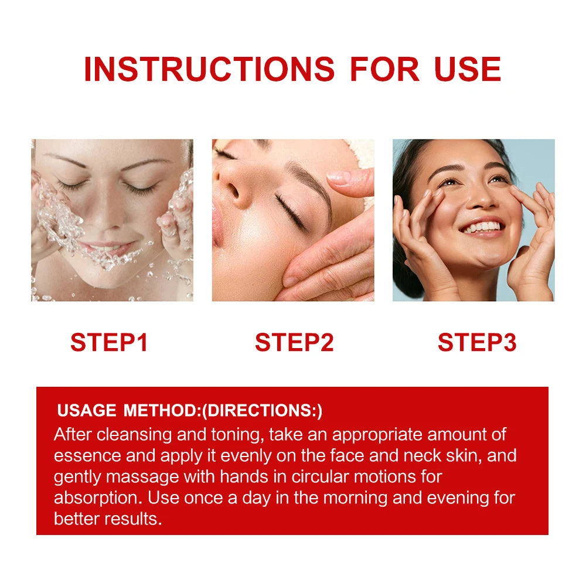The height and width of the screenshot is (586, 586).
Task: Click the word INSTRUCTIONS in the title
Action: coord(209,69)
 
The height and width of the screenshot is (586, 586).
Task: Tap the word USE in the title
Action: coord(468,69)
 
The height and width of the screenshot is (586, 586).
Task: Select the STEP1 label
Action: coord(109,342)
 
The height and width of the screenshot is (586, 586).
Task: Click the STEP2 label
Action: coord(294,342)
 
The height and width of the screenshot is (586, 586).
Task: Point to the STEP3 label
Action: coord(477,342)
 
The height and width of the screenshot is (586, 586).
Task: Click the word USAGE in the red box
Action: coord(87,410)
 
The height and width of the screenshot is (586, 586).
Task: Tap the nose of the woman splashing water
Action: coord(108,217)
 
